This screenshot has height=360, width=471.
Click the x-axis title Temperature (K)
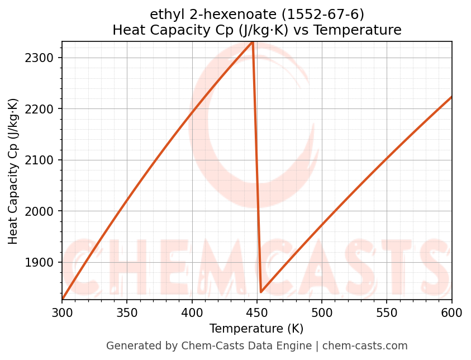[256, 329]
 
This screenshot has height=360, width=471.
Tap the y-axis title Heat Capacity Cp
[13, 171]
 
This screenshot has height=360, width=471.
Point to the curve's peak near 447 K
[253, 42]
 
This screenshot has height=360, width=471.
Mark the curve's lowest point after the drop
[261, 292]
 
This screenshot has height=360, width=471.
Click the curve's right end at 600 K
[451, 97]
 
